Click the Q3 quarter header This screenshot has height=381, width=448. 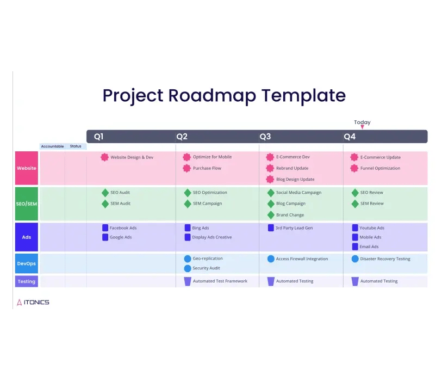(x=265, y=137)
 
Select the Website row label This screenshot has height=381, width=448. (x=27, y=168)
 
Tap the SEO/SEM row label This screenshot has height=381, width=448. (x=27, y=204)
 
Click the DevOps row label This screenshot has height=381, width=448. (x=27, y=263)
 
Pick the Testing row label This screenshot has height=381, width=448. (x=27, y=281)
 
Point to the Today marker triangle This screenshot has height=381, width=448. (x=362, y=127)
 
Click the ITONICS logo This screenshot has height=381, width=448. (x=33, y=302)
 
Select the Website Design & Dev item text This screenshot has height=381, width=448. (x=132, y=157)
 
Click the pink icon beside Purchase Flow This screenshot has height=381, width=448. (x=187, y=168)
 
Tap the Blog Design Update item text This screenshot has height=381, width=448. (x=295, y=180)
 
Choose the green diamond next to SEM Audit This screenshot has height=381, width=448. (x=105, y=204)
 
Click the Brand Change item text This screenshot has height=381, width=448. (x=290, y=215)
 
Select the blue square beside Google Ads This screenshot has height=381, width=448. (x=105, y=237)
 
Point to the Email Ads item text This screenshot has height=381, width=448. (x=369, y=247)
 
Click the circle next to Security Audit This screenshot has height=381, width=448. (x=188, y=268)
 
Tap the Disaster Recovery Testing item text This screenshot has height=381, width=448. (x=385, y=259)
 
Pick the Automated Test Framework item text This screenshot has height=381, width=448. (x=220, y=281)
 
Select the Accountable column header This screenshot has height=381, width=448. (x=53, y=146)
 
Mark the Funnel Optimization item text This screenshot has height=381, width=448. (x=380, y=168)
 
